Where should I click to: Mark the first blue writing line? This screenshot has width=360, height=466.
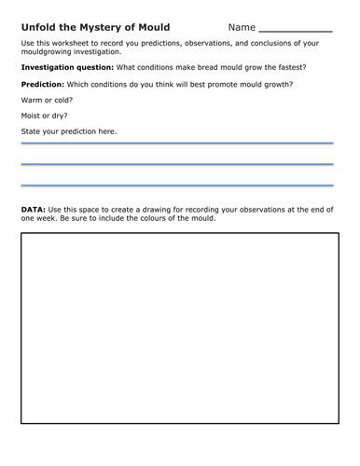[177, 144]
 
